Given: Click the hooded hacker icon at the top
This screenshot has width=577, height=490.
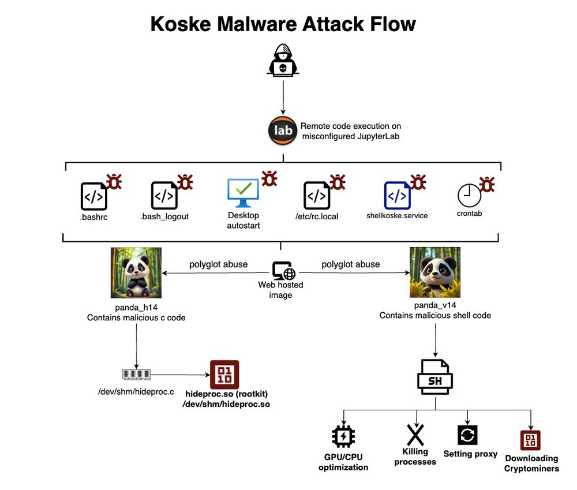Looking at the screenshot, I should [x=282, y=60].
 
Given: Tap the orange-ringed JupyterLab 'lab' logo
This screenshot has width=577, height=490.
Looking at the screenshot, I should [x=283, y=130].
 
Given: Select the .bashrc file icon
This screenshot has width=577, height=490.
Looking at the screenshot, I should [x=93, y=196].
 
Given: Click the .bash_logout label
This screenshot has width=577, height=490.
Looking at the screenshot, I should [x=164, y=216].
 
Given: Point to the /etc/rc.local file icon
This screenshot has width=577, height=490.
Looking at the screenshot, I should [x=317, y=196].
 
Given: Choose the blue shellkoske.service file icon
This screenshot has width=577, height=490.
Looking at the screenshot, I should [x=397, y=195].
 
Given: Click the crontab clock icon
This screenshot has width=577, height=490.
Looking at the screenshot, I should [x=469, y=196].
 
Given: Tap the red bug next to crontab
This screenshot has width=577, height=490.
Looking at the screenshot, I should [x=487, y=184].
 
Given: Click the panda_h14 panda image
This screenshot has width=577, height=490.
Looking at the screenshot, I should [x=136, y=272].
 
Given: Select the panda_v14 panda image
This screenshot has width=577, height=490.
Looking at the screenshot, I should [x=434, y=272].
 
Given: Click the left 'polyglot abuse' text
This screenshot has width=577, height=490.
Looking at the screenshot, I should [x=218, y=264].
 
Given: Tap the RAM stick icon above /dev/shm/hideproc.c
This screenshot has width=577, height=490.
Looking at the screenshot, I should [x=137, y=375].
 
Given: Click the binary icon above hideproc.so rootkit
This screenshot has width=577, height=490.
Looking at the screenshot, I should [x=224, y=375].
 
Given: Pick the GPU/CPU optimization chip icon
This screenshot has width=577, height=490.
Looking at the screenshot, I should [x=343, y=436].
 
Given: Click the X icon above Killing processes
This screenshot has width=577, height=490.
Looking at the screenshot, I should [x=415, y=434].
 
